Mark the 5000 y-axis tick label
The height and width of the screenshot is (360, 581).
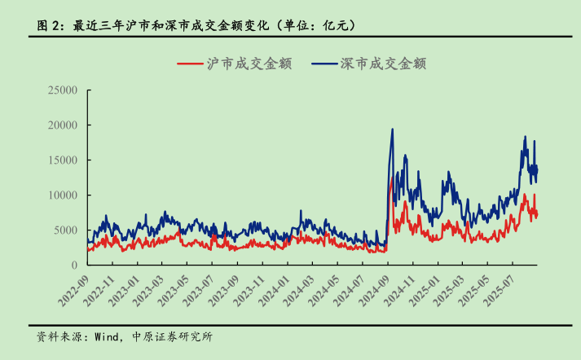64,230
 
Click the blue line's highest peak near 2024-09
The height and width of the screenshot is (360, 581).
393,129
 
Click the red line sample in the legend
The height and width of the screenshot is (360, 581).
189,63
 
